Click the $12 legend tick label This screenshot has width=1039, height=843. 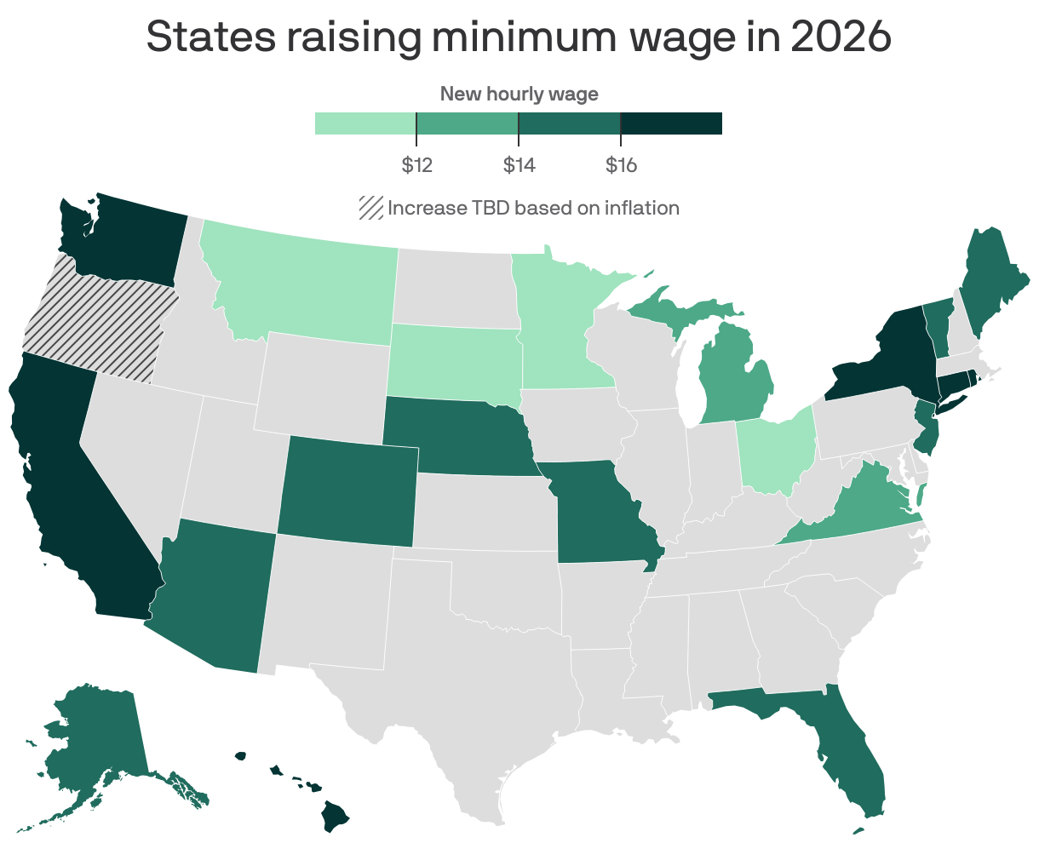coord(416,165)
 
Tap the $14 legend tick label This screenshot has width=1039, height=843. coord(519,165)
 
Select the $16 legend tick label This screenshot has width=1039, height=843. coord(621,165)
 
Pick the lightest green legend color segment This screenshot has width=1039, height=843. coord(365,123)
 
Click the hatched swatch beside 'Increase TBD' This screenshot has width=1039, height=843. coord(370,208)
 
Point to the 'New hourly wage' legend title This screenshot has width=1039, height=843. coord(519,94)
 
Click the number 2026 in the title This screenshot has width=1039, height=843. coord(841,37)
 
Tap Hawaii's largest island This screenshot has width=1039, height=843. coord(336,818)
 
